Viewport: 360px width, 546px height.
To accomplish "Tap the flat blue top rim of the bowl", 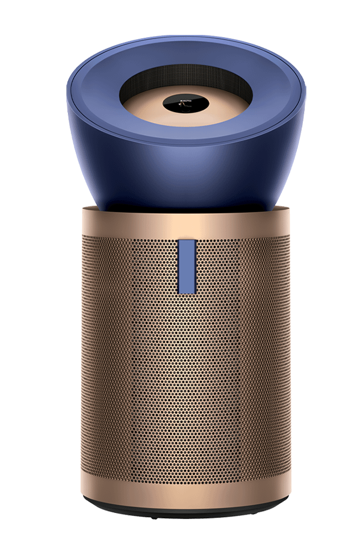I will (x=90, y=96).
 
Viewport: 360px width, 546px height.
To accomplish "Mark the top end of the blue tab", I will (x=187, y=243).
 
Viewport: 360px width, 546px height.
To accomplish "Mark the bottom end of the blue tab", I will (x=187, y=292).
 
